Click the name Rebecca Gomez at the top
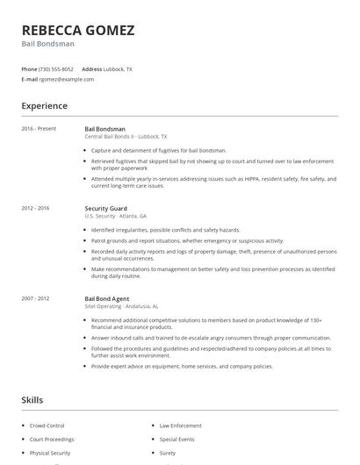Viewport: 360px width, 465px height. pos(78,30)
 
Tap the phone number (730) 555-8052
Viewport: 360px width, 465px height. pos(57,68)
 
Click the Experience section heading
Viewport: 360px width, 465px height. pos(45,106)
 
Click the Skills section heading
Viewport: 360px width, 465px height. pos(32,400)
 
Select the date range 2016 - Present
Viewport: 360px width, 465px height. pos(39,129)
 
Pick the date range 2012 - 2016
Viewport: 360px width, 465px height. pos(36,209)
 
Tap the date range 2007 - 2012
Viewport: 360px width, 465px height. pos(36,298)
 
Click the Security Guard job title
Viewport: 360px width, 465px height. pos(106,209)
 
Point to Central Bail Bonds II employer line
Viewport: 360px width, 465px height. pos(126,137)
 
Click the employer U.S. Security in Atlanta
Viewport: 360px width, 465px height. pos(115,217)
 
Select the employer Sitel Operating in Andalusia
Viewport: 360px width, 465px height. pos(121,306)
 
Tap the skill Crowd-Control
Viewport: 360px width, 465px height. pos(48,425)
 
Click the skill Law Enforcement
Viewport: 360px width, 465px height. pos(180,425)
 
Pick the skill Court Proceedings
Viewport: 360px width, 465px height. pos(52,439)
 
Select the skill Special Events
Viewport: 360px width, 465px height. pos(176,439)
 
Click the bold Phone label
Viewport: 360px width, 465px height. pos(29,68)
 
